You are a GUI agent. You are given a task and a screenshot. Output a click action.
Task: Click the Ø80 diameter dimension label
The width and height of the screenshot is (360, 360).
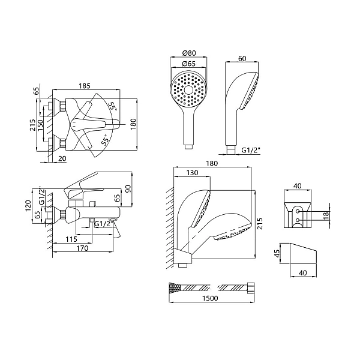[189, 53]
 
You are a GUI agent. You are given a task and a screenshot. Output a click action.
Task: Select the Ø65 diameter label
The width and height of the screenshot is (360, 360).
[189, 64]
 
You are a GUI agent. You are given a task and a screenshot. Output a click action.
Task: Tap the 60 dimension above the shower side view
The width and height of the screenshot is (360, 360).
[242, 59]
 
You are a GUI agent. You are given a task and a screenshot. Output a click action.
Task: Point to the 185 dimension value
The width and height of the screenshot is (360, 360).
[85, 86]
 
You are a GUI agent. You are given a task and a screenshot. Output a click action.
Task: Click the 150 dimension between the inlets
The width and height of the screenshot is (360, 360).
[40, 125]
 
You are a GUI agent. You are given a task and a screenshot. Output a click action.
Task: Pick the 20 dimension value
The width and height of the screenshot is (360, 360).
[62, 158]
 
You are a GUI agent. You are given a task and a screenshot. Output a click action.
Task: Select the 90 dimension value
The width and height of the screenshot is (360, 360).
[128, 188]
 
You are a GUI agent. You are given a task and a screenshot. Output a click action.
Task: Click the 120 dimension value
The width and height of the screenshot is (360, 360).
[28, 206]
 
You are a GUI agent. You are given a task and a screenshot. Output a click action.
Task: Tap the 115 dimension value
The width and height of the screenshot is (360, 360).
[71, 239]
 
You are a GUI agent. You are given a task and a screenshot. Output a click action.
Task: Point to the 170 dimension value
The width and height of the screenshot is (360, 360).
[82, 248]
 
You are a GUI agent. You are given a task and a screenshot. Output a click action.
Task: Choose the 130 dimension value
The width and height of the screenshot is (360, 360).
[192, 172]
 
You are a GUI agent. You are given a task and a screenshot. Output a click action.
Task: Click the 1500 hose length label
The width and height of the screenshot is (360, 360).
[210, 298]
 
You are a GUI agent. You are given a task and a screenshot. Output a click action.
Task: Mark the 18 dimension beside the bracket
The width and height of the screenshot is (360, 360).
[326, 215]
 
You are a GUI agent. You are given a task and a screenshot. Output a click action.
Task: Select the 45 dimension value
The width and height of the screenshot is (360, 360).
[277, 253]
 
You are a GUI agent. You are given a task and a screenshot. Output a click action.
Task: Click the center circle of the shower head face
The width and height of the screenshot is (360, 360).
[189, 89]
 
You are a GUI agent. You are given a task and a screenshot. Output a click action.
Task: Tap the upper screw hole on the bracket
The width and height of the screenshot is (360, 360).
[298, 211]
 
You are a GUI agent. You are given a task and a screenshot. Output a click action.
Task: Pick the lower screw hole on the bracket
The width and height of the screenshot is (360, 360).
[298, 220]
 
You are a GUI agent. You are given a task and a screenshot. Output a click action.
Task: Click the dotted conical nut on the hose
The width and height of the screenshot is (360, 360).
[175, 287]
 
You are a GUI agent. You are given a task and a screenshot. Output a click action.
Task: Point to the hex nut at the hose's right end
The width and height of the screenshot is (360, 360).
[250, 287]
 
